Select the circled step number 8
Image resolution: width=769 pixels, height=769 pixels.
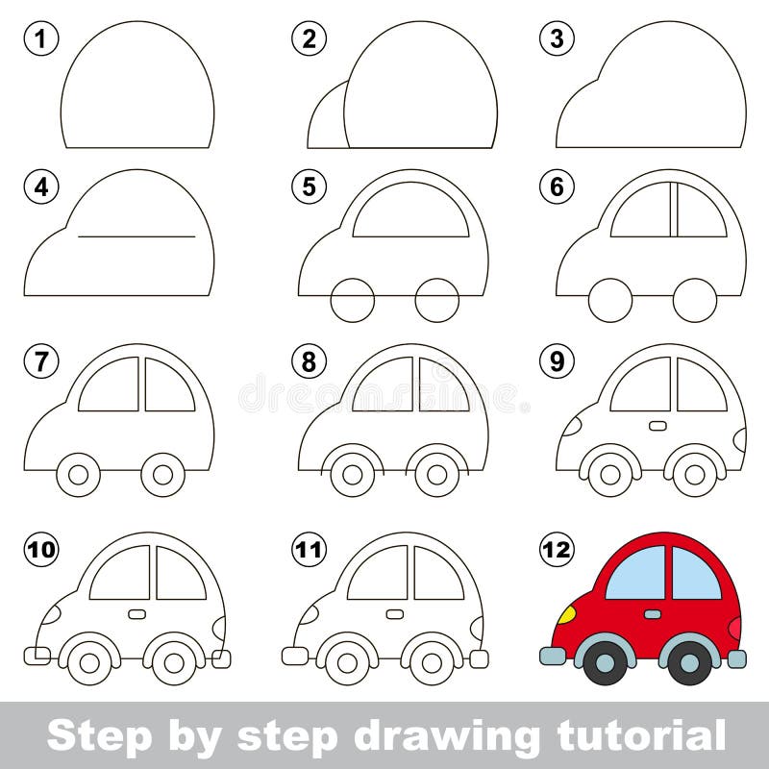point(310,361)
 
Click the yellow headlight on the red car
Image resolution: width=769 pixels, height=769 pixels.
point(567,613)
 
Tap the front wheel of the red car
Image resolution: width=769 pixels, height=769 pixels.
point(606,661)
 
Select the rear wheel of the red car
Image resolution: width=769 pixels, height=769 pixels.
point(689,661)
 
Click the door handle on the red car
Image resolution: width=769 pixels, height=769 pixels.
point(653,613)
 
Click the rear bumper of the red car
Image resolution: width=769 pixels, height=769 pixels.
point(736,658)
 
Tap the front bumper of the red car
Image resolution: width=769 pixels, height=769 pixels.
point(553,656)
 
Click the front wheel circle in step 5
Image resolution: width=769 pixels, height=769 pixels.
point(352,300)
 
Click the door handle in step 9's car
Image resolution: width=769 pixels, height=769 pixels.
point(657,425)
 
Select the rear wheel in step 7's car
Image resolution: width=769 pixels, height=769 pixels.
point(162,474)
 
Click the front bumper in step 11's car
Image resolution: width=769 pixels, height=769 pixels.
point(293,656)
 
